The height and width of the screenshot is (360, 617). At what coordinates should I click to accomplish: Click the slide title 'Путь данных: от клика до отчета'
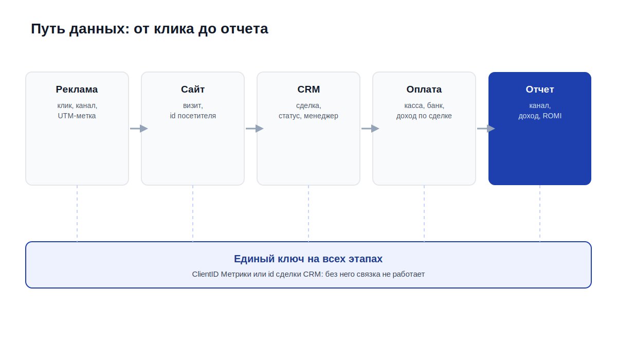(x=149, y=29)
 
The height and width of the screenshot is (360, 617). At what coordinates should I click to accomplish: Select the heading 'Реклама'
(x=77, y=89)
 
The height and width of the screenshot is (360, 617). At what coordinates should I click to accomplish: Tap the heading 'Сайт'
(x=193, y=89)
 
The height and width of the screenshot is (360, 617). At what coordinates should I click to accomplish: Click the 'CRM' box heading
(x=308, y=89)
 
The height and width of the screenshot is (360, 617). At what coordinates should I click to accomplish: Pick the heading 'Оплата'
(x=424, y=89)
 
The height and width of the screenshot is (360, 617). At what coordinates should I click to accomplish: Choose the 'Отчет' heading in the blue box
(x=540, y=89)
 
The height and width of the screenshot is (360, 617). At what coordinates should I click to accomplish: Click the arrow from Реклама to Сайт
(x=139, y=129)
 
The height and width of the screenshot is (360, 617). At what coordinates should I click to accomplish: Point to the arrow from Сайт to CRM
(x=255, y=129)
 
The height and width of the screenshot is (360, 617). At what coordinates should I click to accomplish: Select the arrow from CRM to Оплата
(x=370, y=129)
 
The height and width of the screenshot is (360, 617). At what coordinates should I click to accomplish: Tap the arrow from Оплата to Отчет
(x=486, y=129)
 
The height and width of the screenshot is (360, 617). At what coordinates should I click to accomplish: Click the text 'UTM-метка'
(x=77, y=116)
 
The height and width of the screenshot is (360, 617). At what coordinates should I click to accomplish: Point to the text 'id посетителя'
(x=193, y=116)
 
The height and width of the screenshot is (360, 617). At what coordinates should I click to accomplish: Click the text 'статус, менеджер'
(x=308, y=116)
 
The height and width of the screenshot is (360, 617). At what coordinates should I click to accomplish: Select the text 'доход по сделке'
(x=424, y=116)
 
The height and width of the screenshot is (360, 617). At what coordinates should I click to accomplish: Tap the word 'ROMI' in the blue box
(x=552, y=116)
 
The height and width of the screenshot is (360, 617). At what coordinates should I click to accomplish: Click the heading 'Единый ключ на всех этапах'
(x=308, y=259)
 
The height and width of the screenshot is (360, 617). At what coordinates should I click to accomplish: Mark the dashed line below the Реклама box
(x=77, y=213)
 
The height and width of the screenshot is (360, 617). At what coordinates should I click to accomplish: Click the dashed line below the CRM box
(x=308, y=213)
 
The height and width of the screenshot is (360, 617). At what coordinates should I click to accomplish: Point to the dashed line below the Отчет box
(x=540, y=213)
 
